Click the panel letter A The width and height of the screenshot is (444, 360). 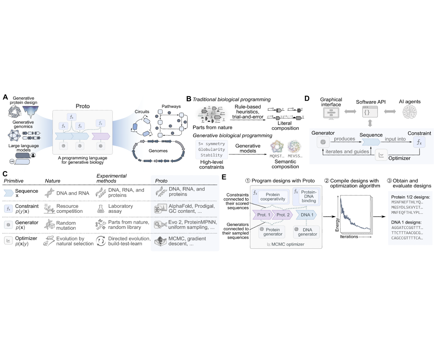(x=5, y=97)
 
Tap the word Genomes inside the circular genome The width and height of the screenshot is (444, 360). (x=158, y=151)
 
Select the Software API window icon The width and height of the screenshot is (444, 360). (x=370, y=112)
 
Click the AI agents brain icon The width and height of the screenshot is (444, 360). (x=410, y=112)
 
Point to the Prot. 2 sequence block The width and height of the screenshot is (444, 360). (x=282, y=215)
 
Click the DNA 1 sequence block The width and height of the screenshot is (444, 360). (x=306, y=215)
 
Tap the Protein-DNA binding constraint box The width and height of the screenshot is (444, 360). (x=306, y=197)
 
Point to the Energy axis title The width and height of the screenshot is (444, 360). (x=337, y=225)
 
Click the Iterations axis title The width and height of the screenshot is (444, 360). (x=349, y=236)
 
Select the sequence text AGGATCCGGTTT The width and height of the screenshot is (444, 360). (x=407, y=228)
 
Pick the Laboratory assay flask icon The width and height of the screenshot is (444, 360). (x=101, y=209)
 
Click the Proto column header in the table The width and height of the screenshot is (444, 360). (x=161, y=181)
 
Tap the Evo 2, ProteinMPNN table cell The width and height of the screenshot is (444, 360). (x=193, y=225)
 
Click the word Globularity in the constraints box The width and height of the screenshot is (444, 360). (x=211, y=149)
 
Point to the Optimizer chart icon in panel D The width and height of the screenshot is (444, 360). (x=381, y=155)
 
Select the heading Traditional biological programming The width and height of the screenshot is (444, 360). (x=231, y=100)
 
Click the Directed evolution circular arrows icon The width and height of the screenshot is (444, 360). (x=101, y=241)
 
